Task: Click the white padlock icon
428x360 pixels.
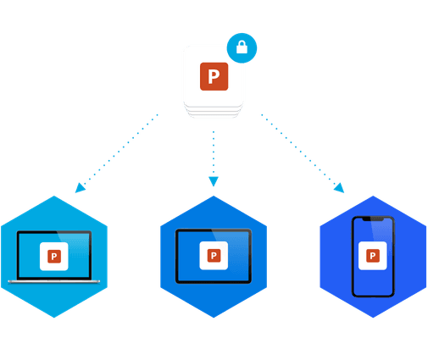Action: click(x=242, y=47)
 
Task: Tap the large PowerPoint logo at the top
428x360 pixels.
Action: click(x=214, y=76)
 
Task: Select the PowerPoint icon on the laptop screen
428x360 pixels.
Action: click(x=54, y=257)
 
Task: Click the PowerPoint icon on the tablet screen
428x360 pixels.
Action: click(x=214, y=256)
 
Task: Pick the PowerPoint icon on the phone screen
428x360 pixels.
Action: click(x=373, y=256)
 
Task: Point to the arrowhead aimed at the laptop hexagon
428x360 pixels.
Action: click(x=80, y=188)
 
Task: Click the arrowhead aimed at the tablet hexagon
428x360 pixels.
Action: click(x=214, y=181)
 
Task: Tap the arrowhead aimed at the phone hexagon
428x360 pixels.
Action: click(x=339, y=188)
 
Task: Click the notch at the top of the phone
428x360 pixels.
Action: click(x=373, y=219)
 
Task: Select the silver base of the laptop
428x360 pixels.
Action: click(x=54, y=281)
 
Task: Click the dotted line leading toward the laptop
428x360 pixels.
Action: click(x=120, y=149)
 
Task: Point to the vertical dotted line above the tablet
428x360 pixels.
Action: click(x=214, y=152)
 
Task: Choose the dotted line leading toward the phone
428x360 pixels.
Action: click(x=298, y=149)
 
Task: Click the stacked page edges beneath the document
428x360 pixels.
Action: click(x=214, y=111)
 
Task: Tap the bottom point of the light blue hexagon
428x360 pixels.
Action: click(x=54, y=318)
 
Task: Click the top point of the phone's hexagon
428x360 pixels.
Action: click(x=373, y=196)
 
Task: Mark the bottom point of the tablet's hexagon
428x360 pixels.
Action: click(x=214, y=318)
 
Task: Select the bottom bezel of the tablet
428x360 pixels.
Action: click(x=214, y=282)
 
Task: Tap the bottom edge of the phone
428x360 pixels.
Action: click(x=373, y=296)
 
